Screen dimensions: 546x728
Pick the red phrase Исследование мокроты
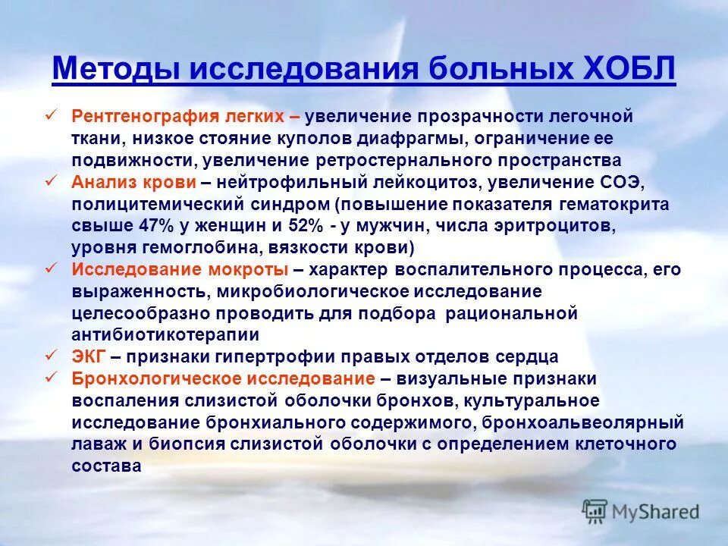(x=180, y=270)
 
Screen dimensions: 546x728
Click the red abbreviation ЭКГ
(x=89, y=356)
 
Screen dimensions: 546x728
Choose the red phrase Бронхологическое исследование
(x=223, y=378)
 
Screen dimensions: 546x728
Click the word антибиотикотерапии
(x=165, y=334)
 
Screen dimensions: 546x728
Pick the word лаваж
(x=95, y=444)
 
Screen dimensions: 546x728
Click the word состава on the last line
(x=106, y=466)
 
